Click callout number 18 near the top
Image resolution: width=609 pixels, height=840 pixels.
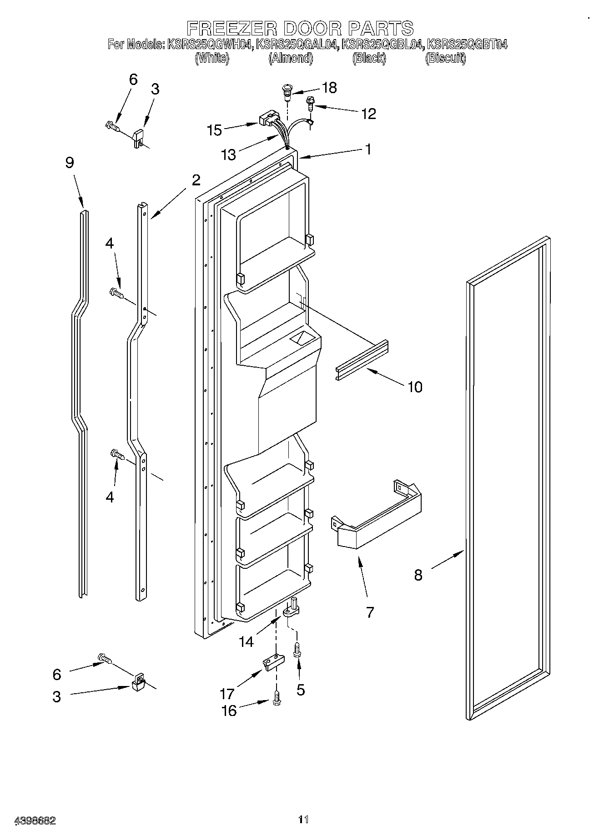click(329, 88)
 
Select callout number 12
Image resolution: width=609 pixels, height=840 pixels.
click(368, 114)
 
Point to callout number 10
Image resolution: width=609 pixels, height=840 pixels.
click(415, 387)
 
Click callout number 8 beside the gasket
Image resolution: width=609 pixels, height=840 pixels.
click(418, 575)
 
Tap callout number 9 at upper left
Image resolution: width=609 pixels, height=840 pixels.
click(70, 163)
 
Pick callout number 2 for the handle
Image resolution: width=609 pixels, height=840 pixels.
click(196, 180)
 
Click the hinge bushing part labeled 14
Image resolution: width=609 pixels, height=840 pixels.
click(291, 609)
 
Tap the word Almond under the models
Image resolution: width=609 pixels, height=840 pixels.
click(291, 58)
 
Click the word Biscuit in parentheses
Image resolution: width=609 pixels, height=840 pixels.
click(445, 58)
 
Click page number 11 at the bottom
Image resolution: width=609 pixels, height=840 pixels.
click(303, 820)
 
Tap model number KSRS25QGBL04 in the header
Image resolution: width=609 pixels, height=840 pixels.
click(383, 45)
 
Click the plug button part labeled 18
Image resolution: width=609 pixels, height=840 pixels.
click(287, 92)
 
